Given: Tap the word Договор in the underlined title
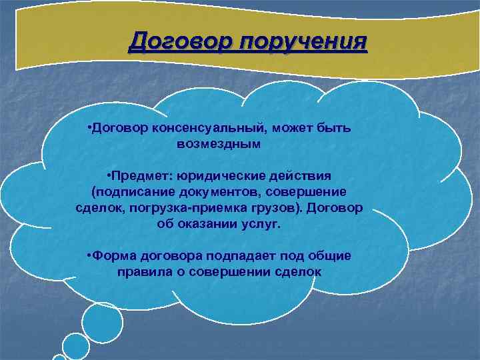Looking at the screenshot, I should pos(180,42).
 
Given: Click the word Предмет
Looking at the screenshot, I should pos(141,176).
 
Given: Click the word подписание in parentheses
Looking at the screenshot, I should pos(134,192).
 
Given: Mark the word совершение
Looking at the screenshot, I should pos(304,192).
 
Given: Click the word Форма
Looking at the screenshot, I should pos(114,256).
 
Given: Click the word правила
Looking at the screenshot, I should pos(142,272).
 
